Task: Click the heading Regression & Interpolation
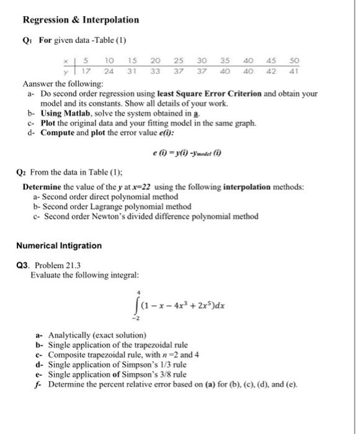tap(81, 20)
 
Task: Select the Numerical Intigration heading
tap(59, 246)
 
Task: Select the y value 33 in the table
tap(156, 71)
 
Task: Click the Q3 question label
tap(22, 265)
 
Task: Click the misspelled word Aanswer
tap(38, 83)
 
